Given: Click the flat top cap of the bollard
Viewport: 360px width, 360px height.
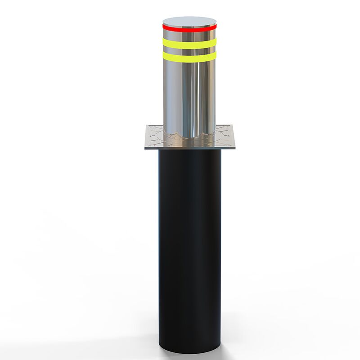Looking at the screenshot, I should (189, 21).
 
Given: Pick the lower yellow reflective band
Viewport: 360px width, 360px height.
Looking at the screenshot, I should (189, 57).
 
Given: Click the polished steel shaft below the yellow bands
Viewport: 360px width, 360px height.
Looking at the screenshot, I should (189, 94).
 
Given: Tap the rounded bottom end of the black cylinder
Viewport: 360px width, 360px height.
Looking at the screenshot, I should (189, 349).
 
